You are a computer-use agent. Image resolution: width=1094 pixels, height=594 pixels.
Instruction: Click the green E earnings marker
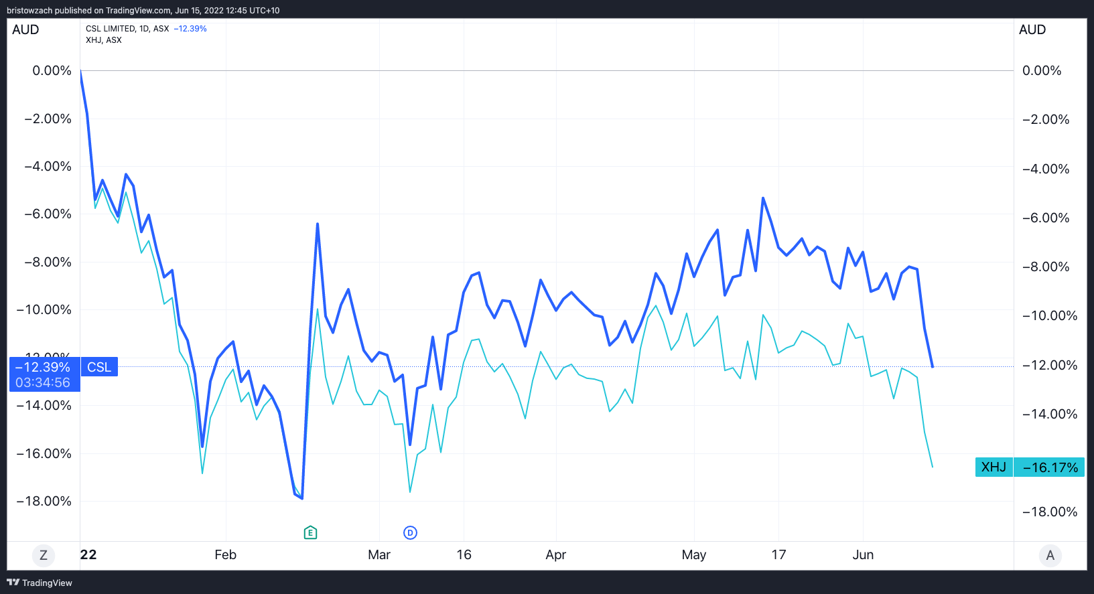310,532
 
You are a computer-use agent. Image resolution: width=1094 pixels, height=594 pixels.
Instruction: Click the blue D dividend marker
410,532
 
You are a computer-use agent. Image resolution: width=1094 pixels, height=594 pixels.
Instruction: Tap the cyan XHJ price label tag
994,467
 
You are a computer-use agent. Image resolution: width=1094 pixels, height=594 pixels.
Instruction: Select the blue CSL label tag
99,367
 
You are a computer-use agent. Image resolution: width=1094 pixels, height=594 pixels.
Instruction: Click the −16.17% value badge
1050,467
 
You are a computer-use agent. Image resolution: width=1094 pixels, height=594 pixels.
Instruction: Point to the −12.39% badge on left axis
43,367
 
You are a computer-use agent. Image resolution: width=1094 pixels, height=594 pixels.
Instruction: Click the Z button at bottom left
44,555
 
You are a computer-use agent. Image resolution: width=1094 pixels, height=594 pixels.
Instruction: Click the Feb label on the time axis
225,554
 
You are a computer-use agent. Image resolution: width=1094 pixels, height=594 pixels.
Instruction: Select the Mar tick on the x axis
379,554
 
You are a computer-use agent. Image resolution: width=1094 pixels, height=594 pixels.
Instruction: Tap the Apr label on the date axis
556,554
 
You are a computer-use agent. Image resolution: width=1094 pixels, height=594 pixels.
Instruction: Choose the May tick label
694,554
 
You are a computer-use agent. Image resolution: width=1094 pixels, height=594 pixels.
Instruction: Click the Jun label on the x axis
863,554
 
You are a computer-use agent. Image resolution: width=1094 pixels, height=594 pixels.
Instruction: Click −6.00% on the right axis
1046,218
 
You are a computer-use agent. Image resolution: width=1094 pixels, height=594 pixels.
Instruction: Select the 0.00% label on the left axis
52,70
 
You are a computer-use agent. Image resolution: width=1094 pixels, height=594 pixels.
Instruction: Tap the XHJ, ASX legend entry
104,40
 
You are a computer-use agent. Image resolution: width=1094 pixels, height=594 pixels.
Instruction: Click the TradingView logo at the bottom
40,583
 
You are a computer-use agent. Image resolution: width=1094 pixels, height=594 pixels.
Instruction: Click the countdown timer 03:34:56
43,382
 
